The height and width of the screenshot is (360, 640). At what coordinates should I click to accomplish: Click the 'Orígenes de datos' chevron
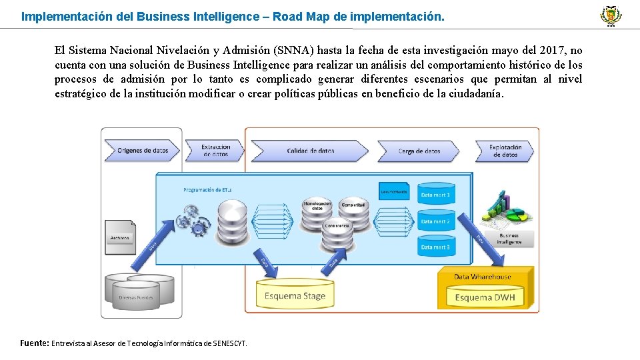coord(143,151)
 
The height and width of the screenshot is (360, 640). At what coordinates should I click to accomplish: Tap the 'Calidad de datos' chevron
coord(310,151)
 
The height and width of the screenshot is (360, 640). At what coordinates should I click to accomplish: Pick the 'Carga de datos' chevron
coord(419,151)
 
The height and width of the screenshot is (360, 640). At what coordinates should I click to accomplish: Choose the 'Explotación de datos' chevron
coord(505,151)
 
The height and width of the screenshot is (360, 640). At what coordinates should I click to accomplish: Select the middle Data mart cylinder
coord(435,221)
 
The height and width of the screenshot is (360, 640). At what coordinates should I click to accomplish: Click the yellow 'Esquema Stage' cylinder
coord(295,294)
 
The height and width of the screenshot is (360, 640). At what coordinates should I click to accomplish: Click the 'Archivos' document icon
coord(121,234)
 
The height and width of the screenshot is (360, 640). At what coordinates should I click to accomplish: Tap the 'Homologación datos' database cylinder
coord(317,205)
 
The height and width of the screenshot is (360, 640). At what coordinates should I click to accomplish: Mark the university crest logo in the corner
coord(610,15)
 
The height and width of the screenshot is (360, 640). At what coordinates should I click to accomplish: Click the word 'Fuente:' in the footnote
coord(34,343)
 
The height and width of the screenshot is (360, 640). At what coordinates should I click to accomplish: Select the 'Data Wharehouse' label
coord(483,277)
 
